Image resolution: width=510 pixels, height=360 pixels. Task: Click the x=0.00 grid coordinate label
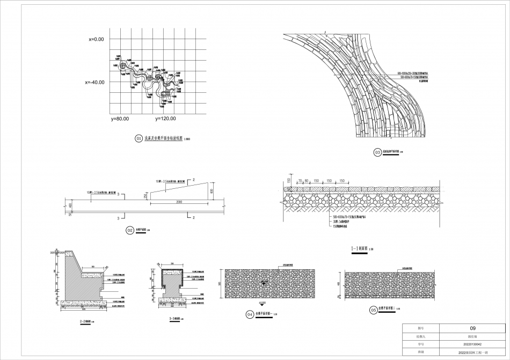97,39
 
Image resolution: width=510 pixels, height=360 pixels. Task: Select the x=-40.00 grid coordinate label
94,83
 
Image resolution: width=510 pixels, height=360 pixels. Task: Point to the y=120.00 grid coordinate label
165,118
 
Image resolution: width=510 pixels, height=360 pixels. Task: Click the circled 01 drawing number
138,138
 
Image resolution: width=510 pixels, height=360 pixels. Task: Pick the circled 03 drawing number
377,153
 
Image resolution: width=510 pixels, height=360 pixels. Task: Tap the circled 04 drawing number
249,315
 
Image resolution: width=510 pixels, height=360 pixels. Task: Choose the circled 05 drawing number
373,310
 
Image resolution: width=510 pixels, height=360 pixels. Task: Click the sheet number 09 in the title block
472,328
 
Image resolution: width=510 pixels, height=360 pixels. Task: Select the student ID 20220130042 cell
472,344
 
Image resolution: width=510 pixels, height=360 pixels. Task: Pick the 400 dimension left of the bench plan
70,205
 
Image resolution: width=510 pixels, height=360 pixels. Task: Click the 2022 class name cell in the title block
472,352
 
